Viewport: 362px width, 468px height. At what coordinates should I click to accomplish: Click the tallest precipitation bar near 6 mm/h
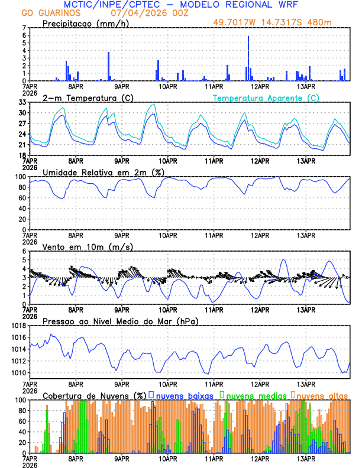click(x=248, y=58)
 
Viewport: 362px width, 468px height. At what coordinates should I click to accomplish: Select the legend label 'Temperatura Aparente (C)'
click(x=266, y=97)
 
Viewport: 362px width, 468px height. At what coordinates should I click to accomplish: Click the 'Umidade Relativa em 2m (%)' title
click(x=102, y=172)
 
